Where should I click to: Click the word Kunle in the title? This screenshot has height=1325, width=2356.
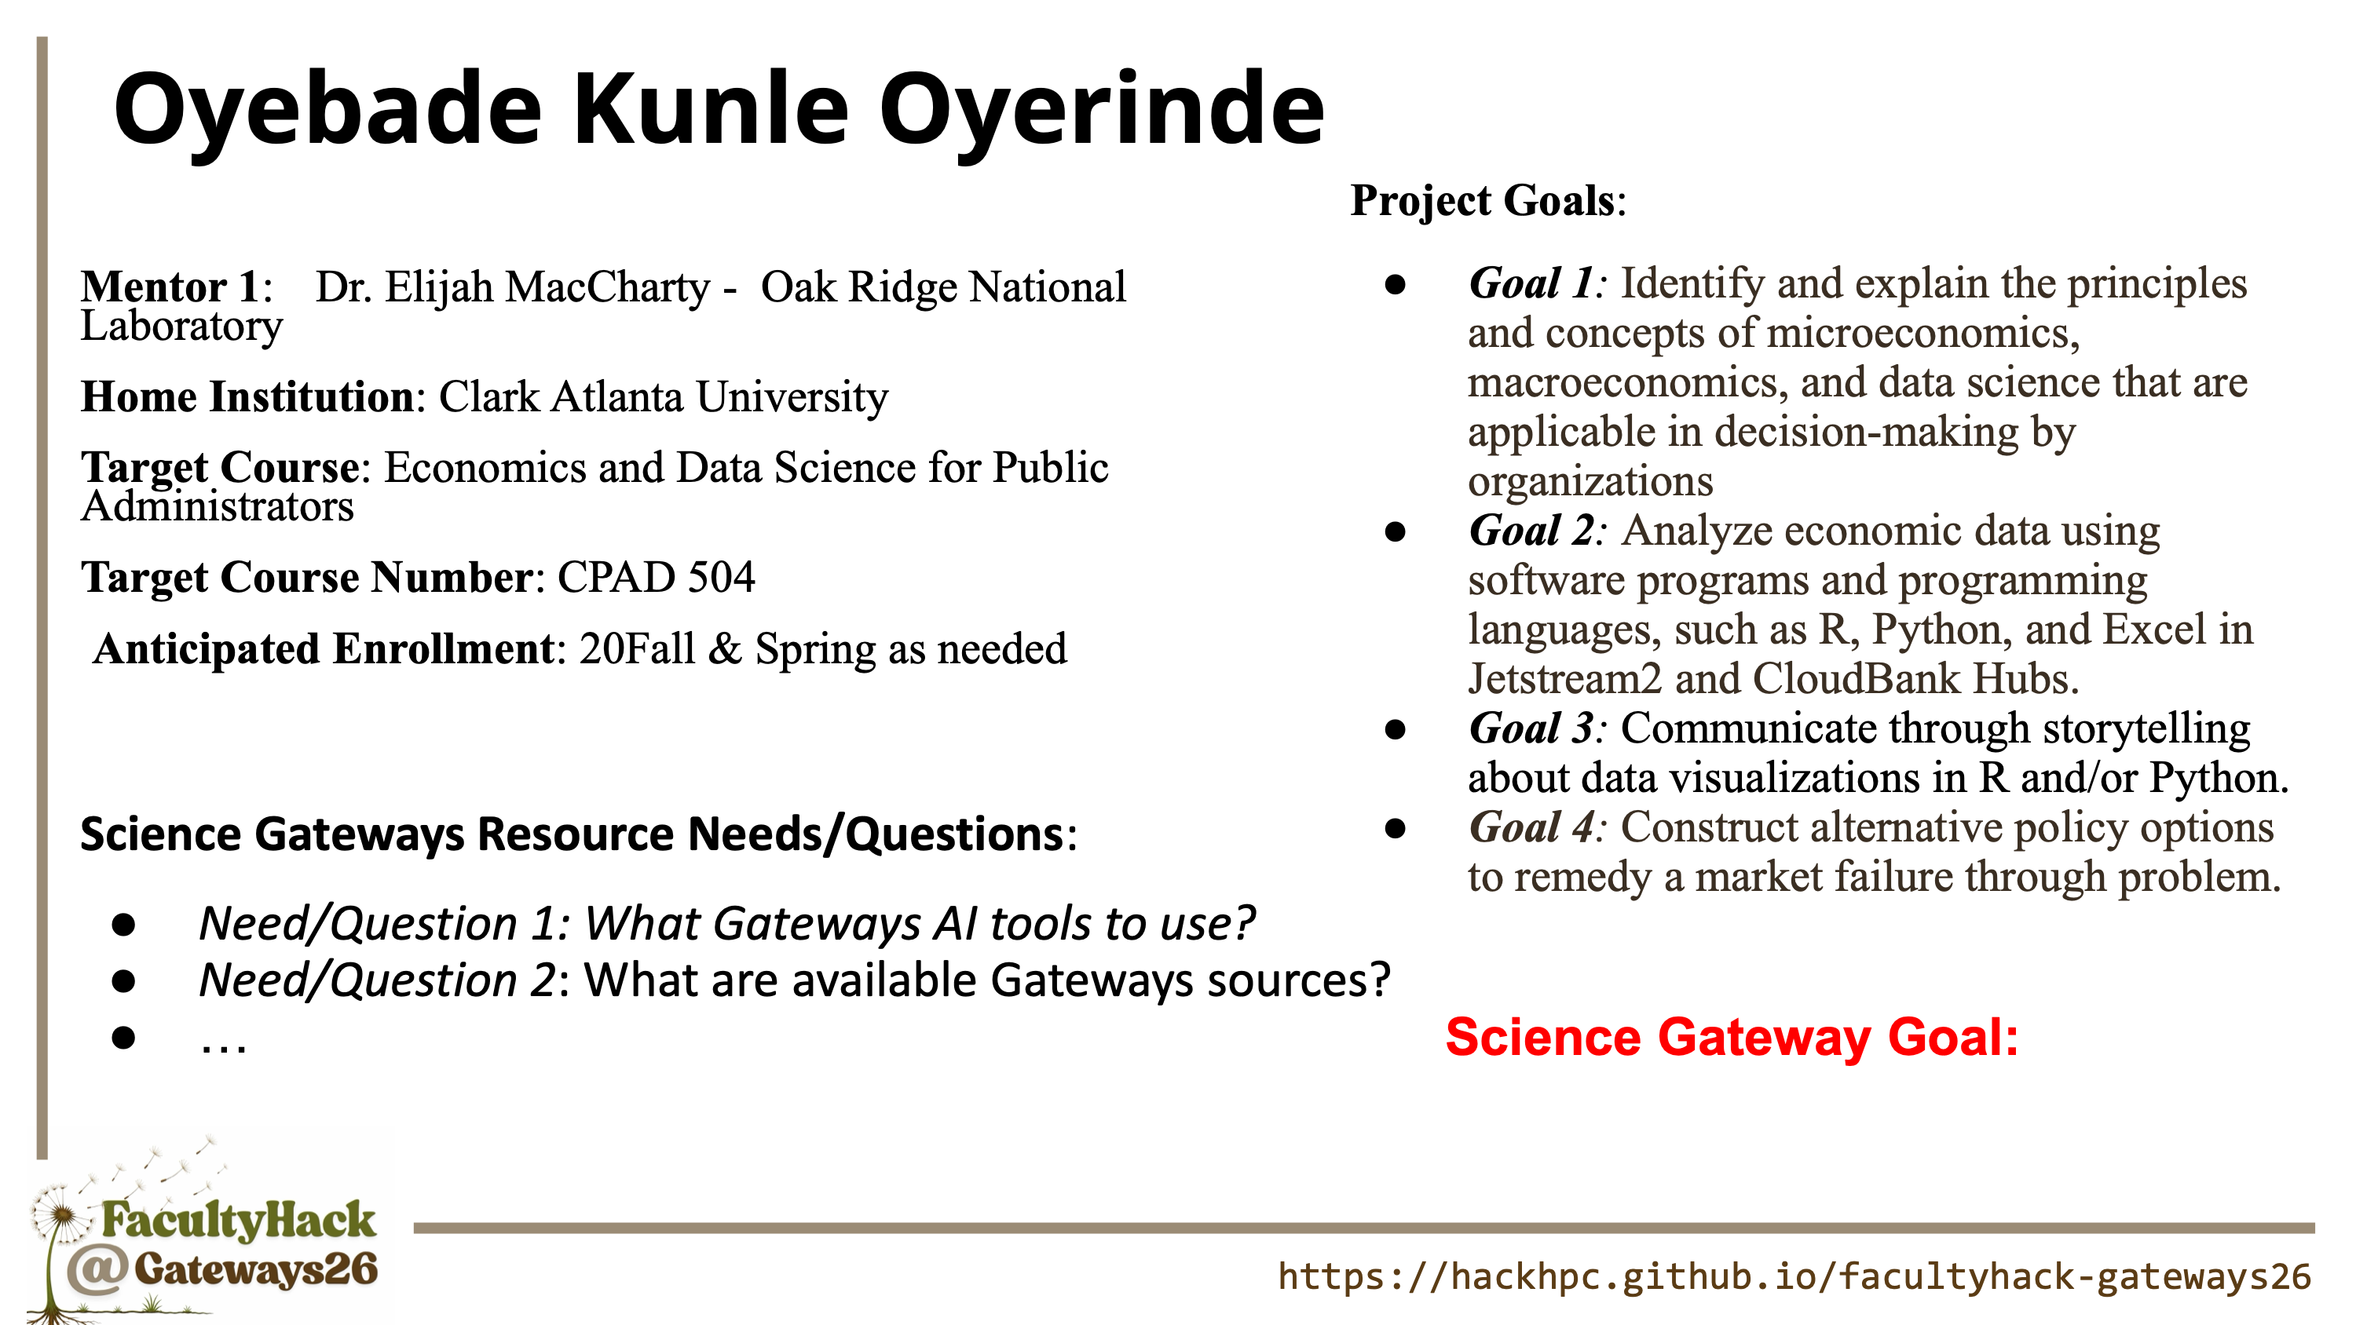coord(711,109)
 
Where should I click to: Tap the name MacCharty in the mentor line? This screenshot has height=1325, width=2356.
coord(608,287)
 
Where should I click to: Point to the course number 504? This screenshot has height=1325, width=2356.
coord(722,577)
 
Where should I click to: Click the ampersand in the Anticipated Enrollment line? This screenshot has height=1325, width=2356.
coord(723,649)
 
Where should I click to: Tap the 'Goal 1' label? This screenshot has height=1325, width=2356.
coord(1531,283)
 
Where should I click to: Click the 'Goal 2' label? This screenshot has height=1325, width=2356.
coord(1531,531)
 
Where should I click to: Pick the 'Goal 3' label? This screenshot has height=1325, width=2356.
coord(1531,728)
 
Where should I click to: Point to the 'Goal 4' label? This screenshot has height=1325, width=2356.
coord(1531,827)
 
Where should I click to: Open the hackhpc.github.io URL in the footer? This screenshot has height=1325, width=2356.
coord(1794,1276)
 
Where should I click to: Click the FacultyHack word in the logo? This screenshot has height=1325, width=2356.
coord(238,1221)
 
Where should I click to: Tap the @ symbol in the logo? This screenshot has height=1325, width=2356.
coord(96,1271)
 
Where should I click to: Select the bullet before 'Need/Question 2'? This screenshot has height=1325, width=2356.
coord(123,981)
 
